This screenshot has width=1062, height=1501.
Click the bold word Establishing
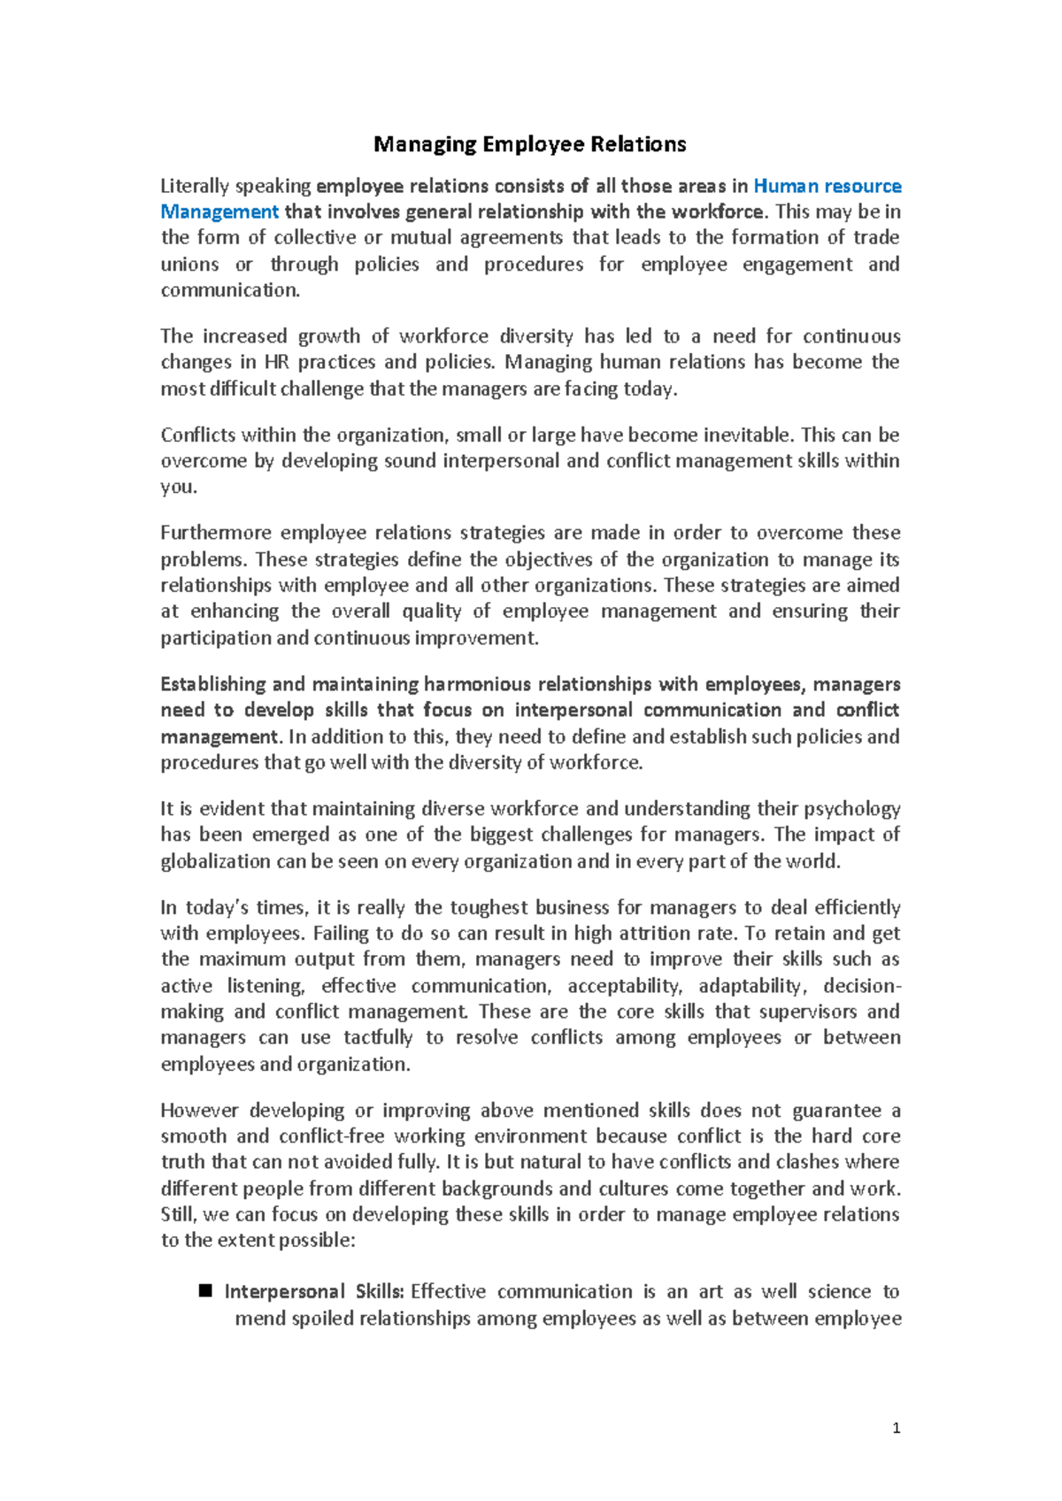[212, 684]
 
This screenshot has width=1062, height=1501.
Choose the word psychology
[851, 809]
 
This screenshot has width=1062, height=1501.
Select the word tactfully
[378, 1037]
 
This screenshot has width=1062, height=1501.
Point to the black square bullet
[206, 1291]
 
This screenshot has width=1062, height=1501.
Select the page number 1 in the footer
[897, 1428]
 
